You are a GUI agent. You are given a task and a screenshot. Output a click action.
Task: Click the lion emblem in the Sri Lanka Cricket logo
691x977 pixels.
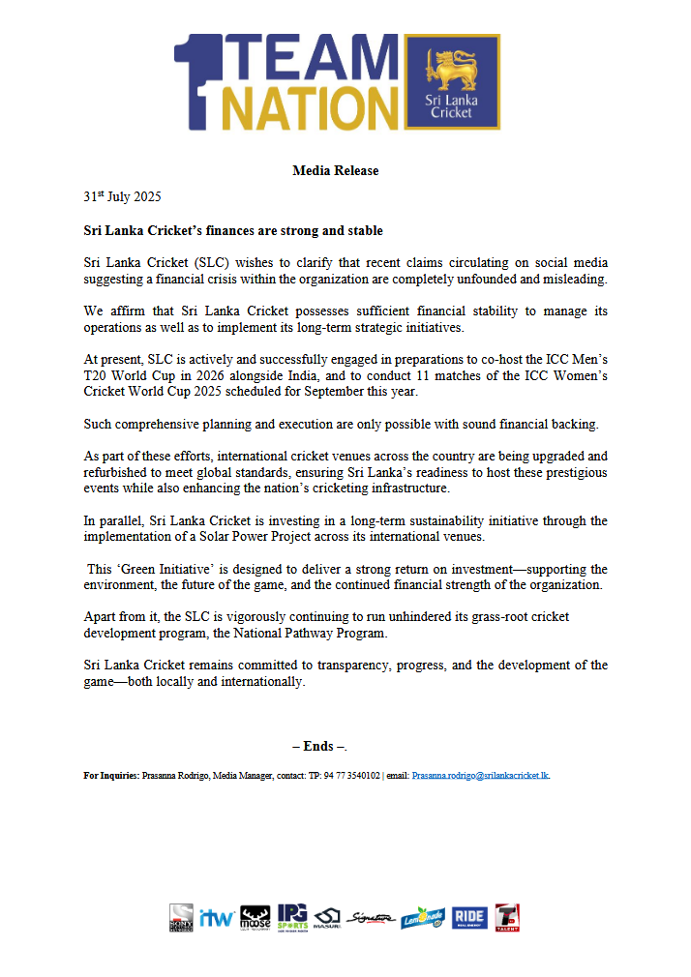point(451,72)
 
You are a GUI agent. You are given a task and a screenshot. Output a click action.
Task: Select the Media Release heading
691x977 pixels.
point(335,171)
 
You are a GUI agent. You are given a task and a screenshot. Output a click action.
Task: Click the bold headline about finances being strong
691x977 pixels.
point(233,231)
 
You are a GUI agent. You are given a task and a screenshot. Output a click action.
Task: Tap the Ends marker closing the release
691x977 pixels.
point(319,746)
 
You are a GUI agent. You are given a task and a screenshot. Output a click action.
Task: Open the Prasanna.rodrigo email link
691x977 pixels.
point(481,776)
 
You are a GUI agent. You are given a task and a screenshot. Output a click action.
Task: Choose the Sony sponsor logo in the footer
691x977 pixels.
point(181,917)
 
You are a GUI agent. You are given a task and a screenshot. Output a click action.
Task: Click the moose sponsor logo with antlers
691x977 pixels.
point(255,917)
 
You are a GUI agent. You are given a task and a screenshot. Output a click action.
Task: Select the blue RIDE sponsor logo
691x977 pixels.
point(469,917)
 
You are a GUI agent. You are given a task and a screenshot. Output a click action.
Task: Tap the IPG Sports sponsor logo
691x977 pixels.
point(292,917)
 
